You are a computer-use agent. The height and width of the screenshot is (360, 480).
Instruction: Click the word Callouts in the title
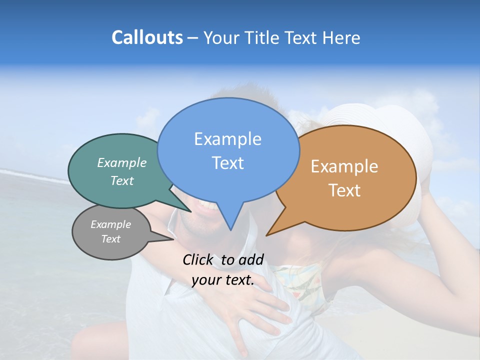coord(147,37)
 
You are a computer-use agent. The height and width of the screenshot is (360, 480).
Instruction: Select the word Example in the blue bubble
coord(227,138)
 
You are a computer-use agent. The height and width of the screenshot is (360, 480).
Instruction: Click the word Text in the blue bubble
coord(227,162)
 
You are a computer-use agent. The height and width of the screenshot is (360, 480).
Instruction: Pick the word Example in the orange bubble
coord(344,166)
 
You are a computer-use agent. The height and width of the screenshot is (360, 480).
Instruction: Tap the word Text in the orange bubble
coord(344,190)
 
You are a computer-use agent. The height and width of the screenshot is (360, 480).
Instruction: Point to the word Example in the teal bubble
coord(122,162)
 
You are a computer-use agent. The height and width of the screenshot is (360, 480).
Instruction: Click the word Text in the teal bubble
coord(122,180)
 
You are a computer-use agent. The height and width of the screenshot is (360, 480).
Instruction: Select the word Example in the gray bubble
coord(110,224)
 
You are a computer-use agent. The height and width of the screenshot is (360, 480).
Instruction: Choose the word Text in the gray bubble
coord(110,239)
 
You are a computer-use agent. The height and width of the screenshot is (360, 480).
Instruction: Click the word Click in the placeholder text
coord(198,259)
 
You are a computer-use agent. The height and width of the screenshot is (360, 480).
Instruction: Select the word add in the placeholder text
coord(251,259)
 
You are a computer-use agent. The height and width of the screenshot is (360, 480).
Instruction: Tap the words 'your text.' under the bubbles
coord(223,280)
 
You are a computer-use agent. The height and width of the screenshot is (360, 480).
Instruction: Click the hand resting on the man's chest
coord(260,310)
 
